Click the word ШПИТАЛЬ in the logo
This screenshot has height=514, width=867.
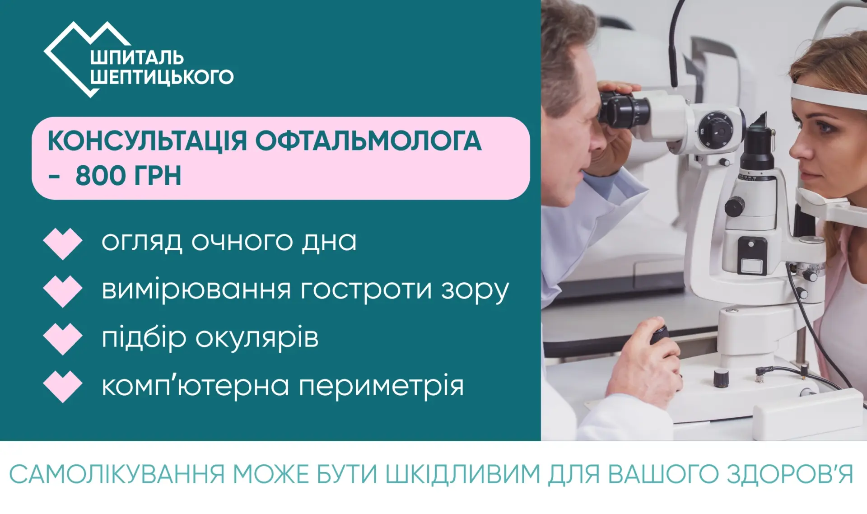pyautogui.click(x=137, y=58)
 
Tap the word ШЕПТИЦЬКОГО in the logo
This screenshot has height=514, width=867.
pyautogui.click(x=162, y=77)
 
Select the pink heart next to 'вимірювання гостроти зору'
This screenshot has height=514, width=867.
pyautogui.click(x=63, y=291)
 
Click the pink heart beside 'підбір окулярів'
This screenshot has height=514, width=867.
pyautogui.click(x=63, y=339)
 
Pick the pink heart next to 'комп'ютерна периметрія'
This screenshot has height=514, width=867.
pyautogui.click(x=63, y=387)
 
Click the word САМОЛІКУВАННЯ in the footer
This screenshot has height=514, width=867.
pyautogui.click(x=117, y=474)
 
